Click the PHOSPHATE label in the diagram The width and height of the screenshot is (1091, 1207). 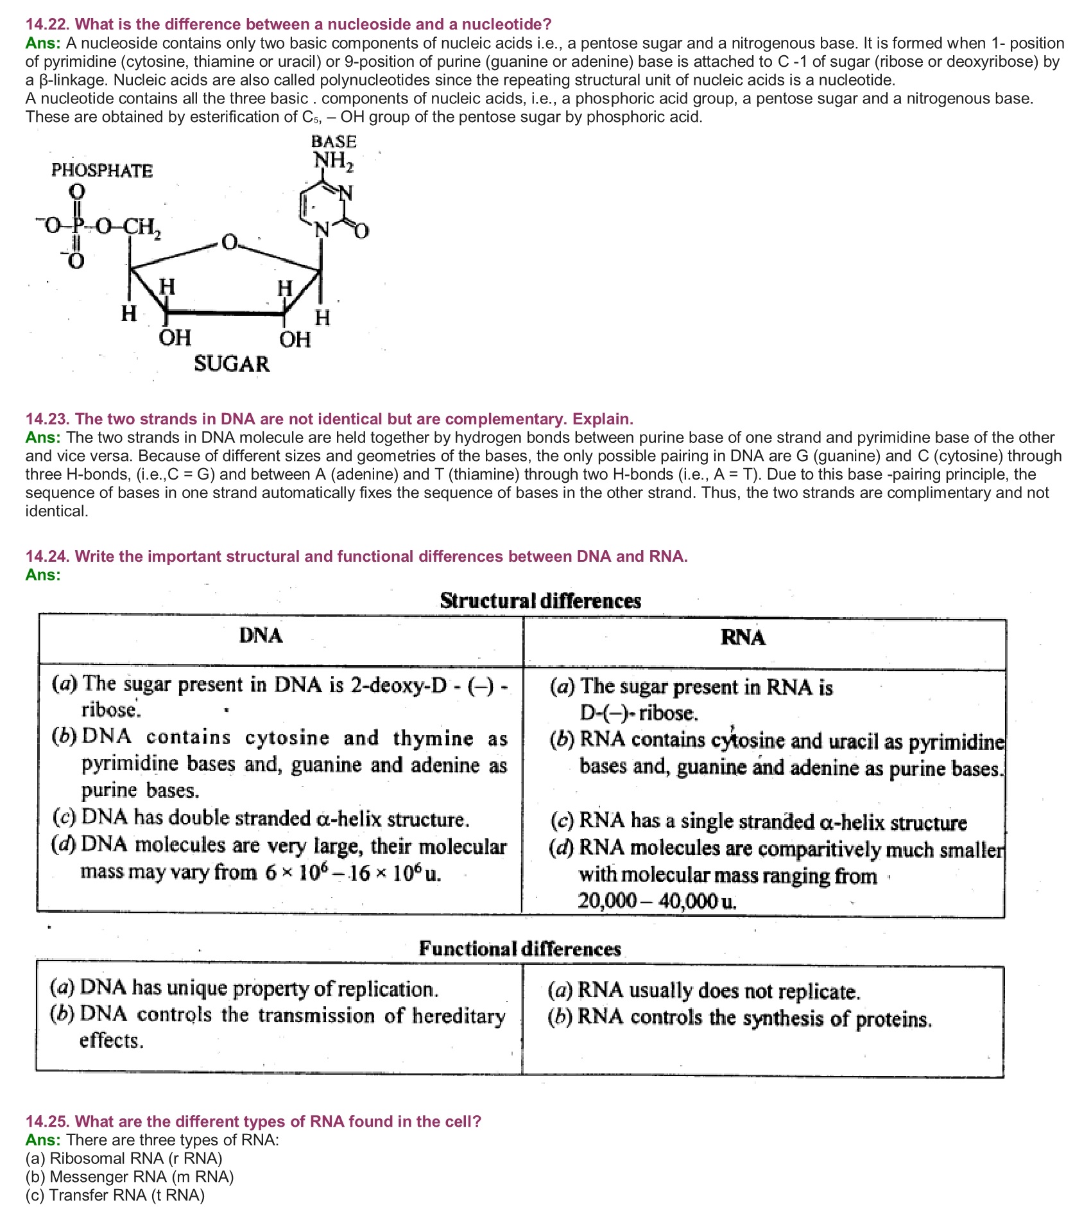pos(102,171)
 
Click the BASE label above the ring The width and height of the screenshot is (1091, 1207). pos(334,142)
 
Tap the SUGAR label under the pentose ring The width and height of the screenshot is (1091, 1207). pos(232,364)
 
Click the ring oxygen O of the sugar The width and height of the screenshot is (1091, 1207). pos(229,243)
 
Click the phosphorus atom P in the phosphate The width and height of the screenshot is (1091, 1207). pos(77,226)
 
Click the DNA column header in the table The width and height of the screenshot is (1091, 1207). pos(261,636)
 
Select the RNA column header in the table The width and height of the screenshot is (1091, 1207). pos(743,638)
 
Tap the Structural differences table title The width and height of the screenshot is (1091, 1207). pos(540,601)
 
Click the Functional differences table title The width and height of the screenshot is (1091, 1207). pos(520,949)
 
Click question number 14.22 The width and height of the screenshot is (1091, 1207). pos(47,24)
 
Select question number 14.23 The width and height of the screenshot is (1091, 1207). pos(47,419)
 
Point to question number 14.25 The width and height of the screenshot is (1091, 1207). pos(47,1122)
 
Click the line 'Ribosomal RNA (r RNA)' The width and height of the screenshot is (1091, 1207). pos(124,1158)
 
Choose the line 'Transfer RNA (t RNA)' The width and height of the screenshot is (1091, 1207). pos(116,1195)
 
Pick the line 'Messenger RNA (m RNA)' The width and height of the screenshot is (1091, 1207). pos(130,1177)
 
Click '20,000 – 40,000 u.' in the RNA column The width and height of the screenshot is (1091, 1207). pos(657,901)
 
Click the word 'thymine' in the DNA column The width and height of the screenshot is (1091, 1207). pos(433,738)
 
